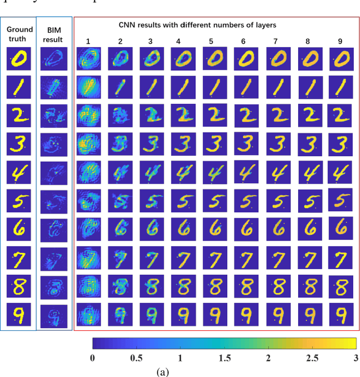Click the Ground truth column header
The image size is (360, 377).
20,34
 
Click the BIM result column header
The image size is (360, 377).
54,35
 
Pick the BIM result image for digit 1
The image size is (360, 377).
54,87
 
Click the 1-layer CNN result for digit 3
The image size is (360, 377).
89,143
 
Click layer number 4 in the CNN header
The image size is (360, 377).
178,41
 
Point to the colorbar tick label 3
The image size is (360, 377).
354,358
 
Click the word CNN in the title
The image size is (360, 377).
128,25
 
